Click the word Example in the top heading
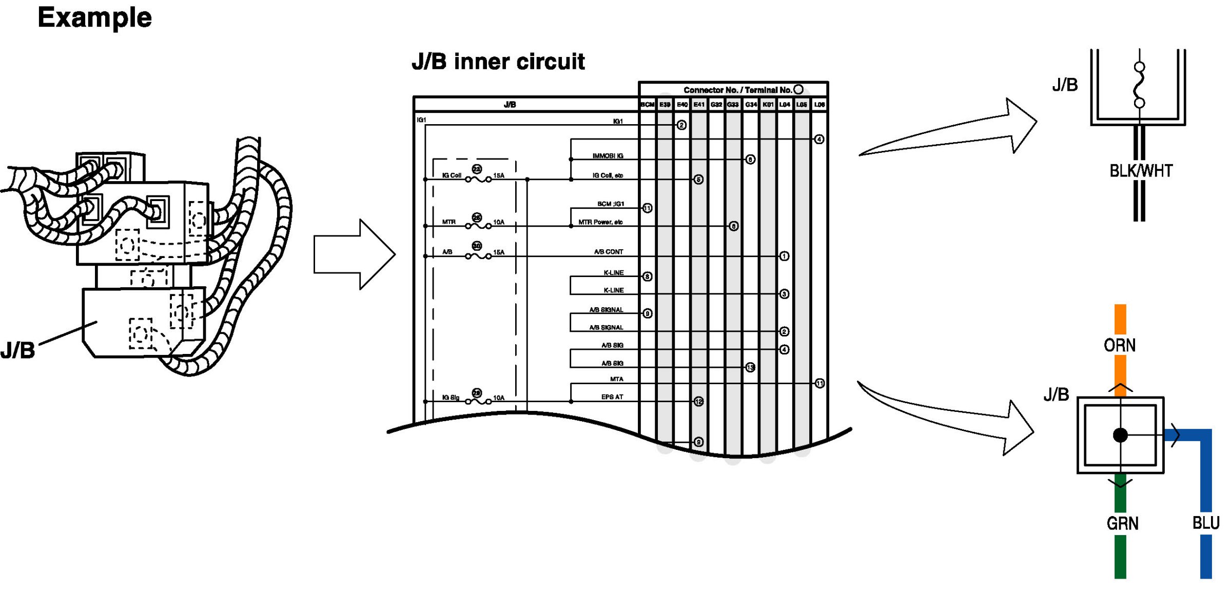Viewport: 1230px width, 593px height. [95, 18]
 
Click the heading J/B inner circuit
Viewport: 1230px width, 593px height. [498, 62]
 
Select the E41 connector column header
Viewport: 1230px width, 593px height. [699, 105]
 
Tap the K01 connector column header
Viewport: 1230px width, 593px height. [768, 105]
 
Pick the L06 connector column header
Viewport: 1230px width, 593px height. [819, 105]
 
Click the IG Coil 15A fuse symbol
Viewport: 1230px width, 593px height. [478, 179]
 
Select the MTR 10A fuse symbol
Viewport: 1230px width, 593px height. [478, 226]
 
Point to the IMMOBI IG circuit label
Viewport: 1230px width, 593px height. [608, 156]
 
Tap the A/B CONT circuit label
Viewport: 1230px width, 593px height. [608, 252]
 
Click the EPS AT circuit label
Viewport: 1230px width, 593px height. [612, 397]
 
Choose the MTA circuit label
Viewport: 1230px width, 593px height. [616, 379]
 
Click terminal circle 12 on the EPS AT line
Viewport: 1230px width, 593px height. [698, 402]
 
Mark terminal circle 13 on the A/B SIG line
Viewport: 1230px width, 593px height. [750, 367]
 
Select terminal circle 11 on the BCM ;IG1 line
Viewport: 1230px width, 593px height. [647, 208]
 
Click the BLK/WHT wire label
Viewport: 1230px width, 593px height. [1141, 171]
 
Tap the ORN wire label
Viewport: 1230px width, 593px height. [1120, 345]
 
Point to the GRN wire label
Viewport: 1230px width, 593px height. [1122, 523]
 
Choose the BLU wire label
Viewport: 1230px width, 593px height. [1205, 523]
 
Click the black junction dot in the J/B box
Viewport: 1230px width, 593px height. [1120, 435]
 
